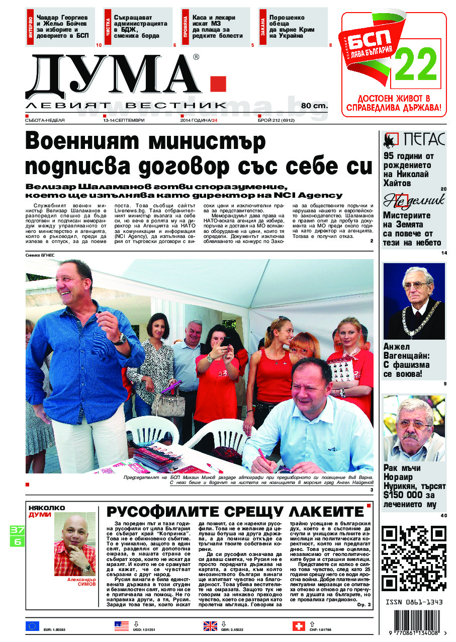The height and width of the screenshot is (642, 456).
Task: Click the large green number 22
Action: [416, 64]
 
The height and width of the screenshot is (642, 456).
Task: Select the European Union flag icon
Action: [32, 626]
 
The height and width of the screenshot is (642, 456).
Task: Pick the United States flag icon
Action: [121, 626]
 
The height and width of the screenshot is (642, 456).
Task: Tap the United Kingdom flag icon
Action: [210, 626]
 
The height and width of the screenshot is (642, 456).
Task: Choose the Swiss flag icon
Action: [299, 626]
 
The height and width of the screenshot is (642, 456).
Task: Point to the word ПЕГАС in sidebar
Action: [422, 139]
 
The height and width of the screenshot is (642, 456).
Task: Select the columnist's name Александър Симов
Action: [75, 582]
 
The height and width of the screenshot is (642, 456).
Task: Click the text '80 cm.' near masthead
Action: [314, 106]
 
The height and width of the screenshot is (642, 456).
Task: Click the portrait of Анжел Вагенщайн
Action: [414, 300]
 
